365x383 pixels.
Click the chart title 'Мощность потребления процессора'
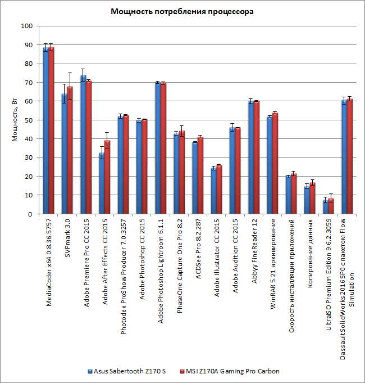(x=182, y=12)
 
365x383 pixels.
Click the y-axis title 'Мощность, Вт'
(x=16, y=120)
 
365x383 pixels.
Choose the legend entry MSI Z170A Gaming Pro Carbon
(x=232, y=371)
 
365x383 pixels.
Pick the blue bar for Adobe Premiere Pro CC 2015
(x=83, y=145)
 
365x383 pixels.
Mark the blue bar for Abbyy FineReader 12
(x=251, y=158)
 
